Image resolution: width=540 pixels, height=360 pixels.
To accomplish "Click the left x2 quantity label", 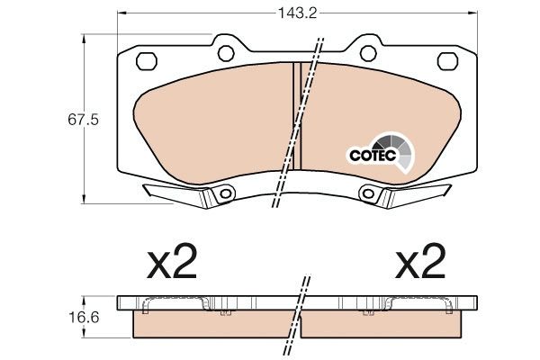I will pos(171,264).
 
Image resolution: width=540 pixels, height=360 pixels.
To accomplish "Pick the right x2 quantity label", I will pos(420,264).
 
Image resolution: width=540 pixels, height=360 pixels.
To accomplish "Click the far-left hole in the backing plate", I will pos(144,61).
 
